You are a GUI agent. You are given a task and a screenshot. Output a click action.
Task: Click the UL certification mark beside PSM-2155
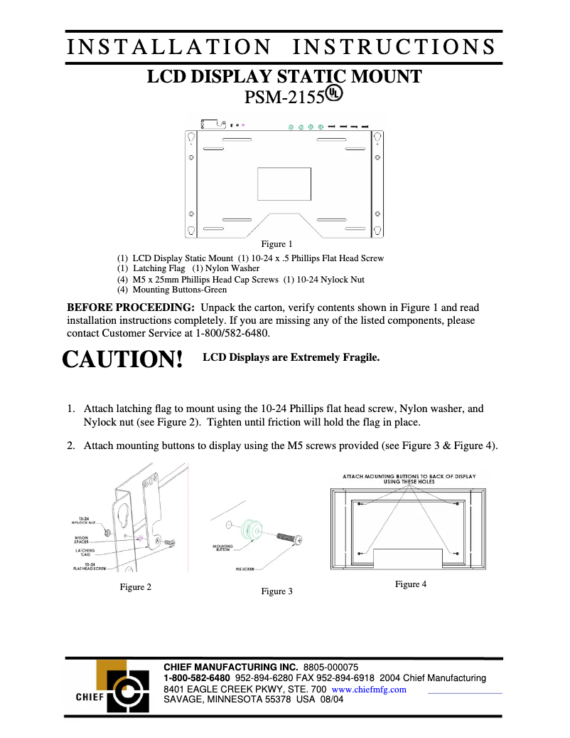pyautogui.click(x=335, y=94)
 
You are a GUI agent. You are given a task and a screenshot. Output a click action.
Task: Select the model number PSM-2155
pyautogui.click(x=284, y=97)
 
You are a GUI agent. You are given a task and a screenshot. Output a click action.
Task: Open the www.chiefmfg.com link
pyautogui.click(x=369, y=690)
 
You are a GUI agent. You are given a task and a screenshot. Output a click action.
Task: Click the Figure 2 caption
pyautogui.click(x=135, y=587)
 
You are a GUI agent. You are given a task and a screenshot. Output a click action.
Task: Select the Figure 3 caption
pyautogui.click(x=276, y=591)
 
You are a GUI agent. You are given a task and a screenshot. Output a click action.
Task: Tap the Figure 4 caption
pyautogui.click(x=411, y=584)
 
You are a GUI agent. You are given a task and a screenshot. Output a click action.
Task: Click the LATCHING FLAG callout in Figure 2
pyautogui.click(x=85, y=552)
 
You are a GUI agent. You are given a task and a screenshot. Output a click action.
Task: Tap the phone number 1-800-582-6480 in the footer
pyautogui.click(x=197, y=678)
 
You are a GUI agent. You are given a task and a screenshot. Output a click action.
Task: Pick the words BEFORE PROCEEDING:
pyautogui.click(x=130, y=307)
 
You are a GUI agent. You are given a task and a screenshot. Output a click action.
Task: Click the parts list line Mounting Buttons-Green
pyautogui.click(x=172, y=290)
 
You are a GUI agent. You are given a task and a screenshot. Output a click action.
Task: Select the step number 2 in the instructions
pyautogui.click(x=71, y=446)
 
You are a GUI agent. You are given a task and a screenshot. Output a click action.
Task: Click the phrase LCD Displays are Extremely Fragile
pyautogui.click(x=291, y=357)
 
